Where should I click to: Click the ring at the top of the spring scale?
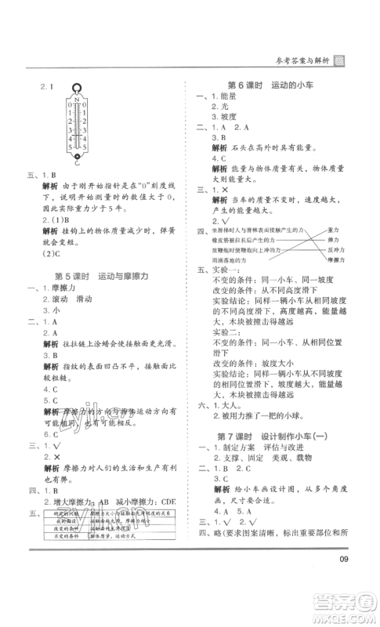(77, 89)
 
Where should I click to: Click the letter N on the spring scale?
(77, 100)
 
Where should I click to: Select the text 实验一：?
(219, 277)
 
